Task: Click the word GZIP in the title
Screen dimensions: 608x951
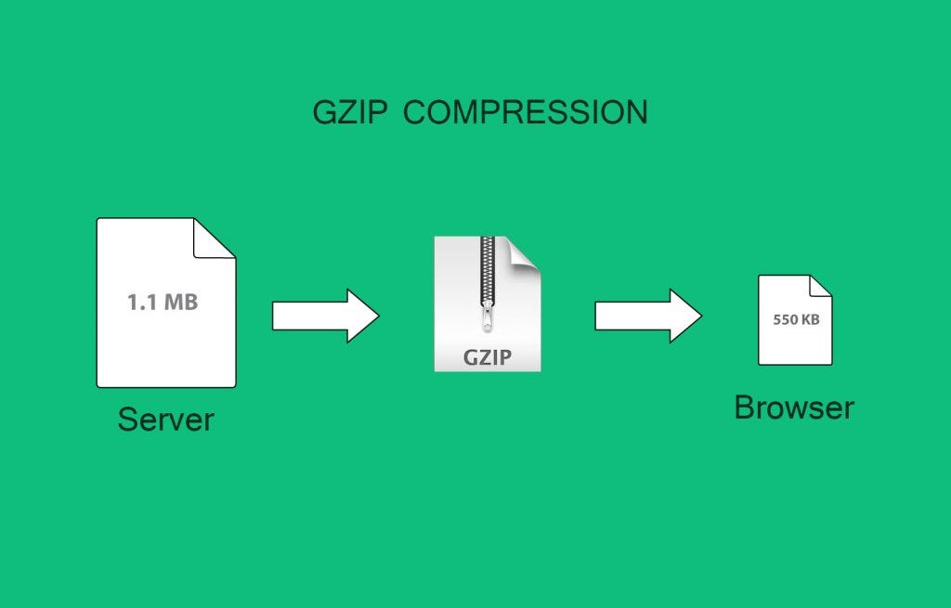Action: point(347,112)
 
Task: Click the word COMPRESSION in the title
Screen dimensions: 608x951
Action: point(526,112)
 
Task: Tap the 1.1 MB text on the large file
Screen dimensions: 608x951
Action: point(163,302)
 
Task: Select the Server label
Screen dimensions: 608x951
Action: point(165,420)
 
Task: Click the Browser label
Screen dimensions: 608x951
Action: point(793,407)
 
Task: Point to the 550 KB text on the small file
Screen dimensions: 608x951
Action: point(796,319)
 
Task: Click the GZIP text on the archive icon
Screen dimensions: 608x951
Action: point(487,357)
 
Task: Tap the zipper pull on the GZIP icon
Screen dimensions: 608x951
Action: point(487,320)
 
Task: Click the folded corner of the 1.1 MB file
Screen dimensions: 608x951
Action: point(215,238)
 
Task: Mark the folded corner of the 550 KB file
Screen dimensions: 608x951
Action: point(820,286)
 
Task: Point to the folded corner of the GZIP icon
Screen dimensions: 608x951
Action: point(525,252)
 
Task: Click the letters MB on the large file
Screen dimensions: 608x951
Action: point(181,302)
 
